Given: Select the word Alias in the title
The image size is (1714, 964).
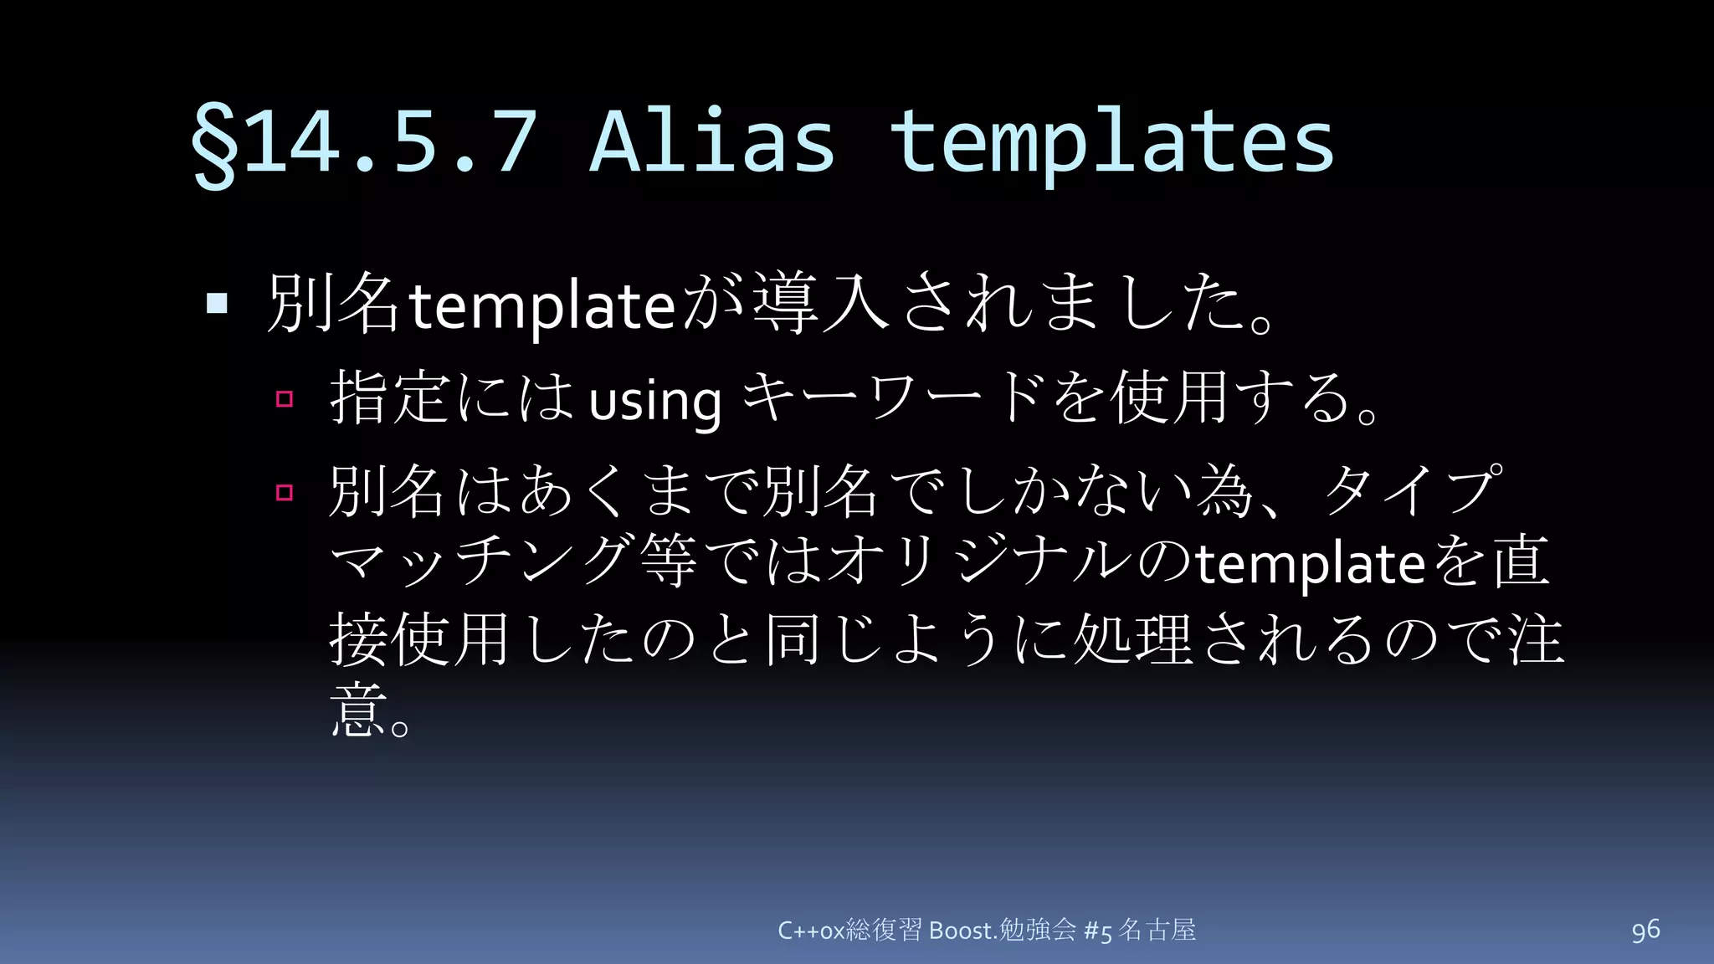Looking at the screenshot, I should pyautogui.click(x=712, y=142).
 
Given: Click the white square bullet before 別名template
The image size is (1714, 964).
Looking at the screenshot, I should pyautogui.click(x=217, y=303).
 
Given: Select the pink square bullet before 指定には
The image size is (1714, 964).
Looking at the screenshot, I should pyautogui.click(x=285, y=398).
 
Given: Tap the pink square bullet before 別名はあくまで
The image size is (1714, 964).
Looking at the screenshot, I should pyautogui.click(x=285, y=492).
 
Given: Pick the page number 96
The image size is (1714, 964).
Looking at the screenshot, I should pyautogui.click(x=1645, y=930).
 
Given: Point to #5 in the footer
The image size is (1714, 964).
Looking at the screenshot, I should pyautogui.click(x=1097, y=931).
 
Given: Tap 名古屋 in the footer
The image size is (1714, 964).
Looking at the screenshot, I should pyautogui.click(x=1157, y=930).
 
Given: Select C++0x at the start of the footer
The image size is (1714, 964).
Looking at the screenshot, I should pyautogui.click(x=811, y=931).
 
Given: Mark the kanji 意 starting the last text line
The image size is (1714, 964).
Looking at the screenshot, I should pyautogui.click(x=358, y=710).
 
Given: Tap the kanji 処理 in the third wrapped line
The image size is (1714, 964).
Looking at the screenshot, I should pyautogui.click(x=1132, y=638).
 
